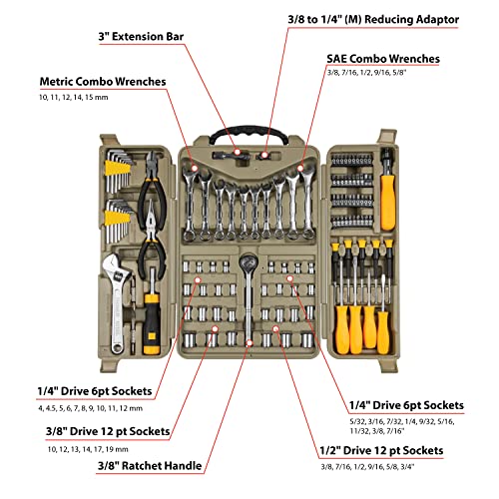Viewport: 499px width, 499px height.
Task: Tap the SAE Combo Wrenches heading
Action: click(x=382, y=59)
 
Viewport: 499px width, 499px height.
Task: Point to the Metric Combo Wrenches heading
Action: click(x=104, y=81)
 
